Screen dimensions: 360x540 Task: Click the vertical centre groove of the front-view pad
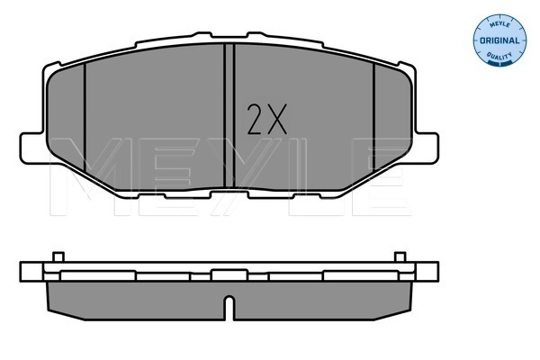pyautogui.click(x=229, y=117)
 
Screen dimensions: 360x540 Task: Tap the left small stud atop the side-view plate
pyautogui.click(x=57, y=257)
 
